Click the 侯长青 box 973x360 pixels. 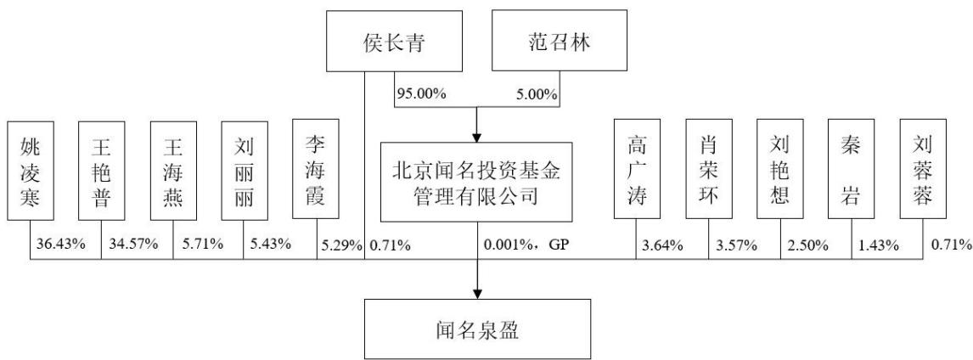click(394, 41)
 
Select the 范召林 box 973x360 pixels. click(560, 41)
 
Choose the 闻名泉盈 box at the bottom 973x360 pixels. click(477, 329)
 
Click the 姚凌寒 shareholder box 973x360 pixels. click(31, 170)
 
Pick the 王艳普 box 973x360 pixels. click(101, 170)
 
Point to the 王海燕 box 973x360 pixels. click(173, 170)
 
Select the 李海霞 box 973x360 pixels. click(316, 169)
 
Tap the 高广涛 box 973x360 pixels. click(637, 169)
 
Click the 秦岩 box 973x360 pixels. click(852, 169)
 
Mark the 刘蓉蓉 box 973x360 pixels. click(924, 169)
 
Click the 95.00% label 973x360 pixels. click(422, 94)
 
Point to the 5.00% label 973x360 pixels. click(537, 94)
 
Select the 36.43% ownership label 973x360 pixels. click(60, 245)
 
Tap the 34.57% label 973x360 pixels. click(132, 245)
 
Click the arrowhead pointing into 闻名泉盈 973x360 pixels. click(477, 292)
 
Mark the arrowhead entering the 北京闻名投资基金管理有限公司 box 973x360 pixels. click(477, 135)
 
